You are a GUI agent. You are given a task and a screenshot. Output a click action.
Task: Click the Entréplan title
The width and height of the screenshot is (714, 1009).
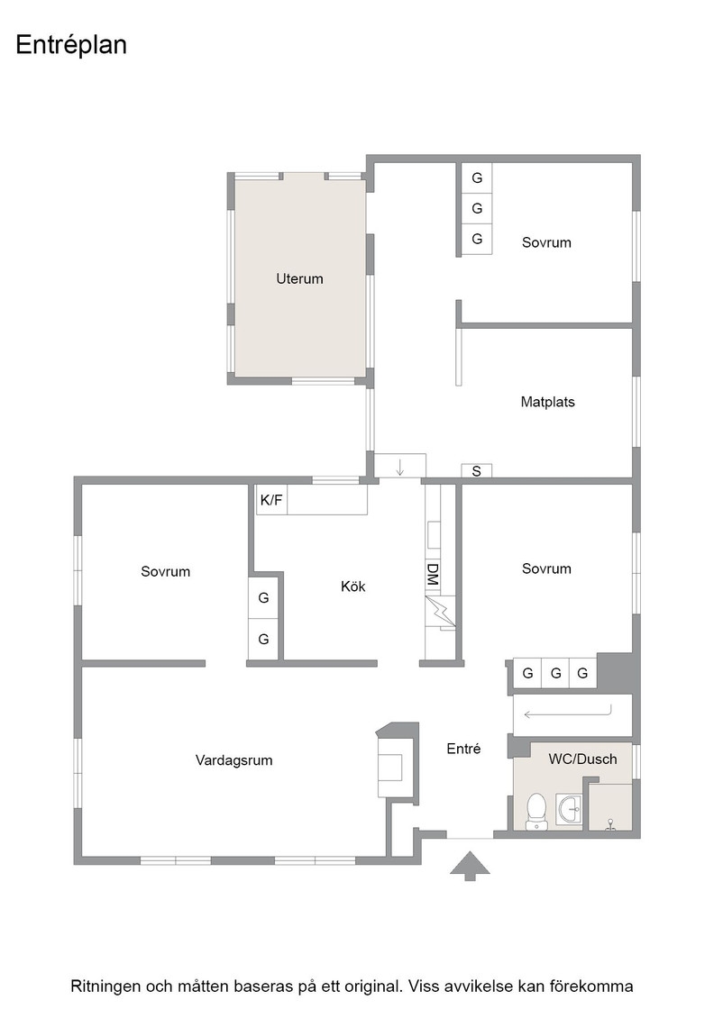(x=71, y=46)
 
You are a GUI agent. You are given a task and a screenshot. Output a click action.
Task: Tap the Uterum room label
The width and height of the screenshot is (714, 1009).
(x=299, y=278)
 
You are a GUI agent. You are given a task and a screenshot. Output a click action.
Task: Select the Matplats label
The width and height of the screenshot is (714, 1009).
(x=547, y=402)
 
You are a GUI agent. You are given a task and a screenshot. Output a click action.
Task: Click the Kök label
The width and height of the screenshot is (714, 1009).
(x=352, y=586)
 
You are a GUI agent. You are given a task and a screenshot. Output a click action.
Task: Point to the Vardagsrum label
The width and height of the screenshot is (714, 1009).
(x=233, y=760)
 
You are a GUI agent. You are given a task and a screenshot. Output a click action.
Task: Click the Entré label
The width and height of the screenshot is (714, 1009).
(x=463, y=749)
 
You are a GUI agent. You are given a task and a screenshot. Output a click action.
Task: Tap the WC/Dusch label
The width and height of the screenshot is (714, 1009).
(x=582, y=759)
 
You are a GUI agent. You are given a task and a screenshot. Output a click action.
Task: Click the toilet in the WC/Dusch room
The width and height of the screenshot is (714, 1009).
(x=535, y=811)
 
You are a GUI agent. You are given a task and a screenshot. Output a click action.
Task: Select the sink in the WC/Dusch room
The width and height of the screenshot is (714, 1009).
(x=569, y=809)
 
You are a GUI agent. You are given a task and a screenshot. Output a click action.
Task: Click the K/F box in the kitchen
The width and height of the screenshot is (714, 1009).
(x=271, y=500)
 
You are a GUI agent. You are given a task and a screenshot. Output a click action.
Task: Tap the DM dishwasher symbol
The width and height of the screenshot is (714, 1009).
(x=433, y=574)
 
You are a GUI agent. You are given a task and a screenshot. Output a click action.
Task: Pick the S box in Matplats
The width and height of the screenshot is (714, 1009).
(x=476, y=471)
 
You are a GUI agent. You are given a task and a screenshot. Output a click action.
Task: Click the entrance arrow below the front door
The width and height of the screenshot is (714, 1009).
(x=470, y=866)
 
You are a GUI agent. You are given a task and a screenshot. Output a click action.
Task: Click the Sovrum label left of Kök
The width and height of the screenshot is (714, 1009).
(x=166, y=571)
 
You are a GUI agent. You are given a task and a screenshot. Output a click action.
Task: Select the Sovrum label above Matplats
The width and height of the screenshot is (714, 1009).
(x=546, y=242)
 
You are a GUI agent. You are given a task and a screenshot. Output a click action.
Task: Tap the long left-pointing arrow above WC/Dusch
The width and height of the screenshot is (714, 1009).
(x=567, y=714)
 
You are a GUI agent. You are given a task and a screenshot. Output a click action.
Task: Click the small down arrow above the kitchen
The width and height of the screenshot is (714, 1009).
(x=399, y=467)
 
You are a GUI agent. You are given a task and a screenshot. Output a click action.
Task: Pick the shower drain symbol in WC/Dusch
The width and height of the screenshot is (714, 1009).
(x=610, y=824)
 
